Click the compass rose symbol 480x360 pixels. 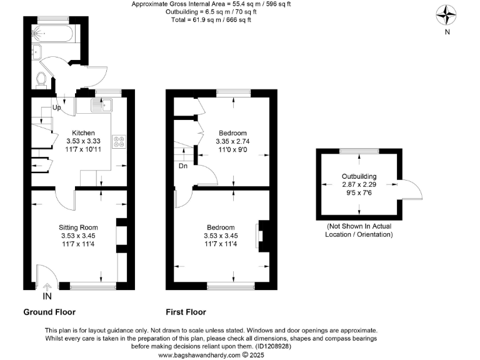[x=446, y=14]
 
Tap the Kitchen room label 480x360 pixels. [x=83, y=132]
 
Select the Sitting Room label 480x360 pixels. [x=79, y=227]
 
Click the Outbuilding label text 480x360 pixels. [x=359, y=177]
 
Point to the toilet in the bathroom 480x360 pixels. [x=41, y=79]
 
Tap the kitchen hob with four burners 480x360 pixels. [x=119, y=142]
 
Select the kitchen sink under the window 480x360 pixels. [x=102, y=105]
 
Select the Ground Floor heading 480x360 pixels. [x=49, y=312]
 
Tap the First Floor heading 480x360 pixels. [x=186, y=312]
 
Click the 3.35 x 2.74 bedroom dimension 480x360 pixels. [x=232, y=142]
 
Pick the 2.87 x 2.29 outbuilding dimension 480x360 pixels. [x=359, y=185]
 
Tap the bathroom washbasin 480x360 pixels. [x=36, y=52]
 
